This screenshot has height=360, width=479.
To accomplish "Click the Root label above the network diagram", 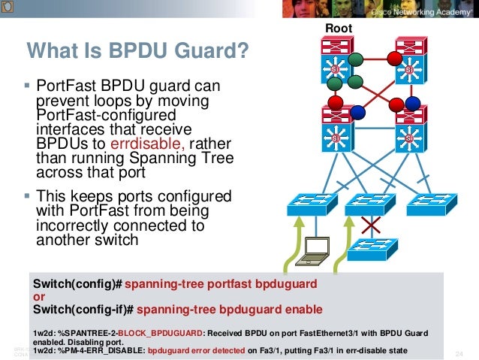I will (338, 29).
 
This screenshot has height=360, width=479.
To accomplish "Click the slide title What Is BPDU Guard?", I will (137, 52).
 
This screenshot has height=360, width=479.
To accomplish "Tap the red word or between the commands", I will (38, 296).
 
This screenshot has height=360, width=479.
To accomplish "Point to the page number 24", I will (460, 354).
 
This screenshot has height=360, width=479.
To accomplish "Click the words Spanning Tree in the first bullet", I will (188, 158).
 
